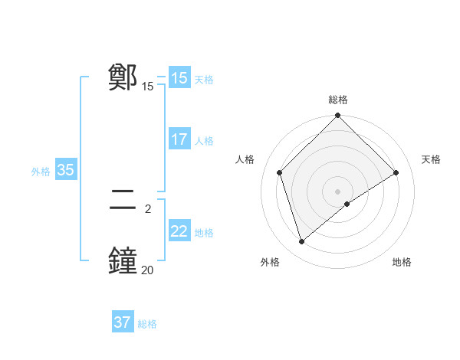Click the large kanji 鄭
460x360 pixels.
pos(123,78)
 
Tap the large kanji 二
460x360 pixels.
pos(123,201)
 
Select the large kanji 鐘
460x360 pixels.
pos(123,260)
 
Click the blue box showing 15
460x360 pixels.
pos(179,78)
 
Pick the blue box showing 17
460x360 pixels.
pos(179,139)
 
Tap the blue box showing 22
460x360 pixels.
pos(179,231)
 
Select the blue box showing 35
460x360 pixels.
pos(65,170)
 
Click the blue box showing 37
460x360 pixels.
pos(123,322)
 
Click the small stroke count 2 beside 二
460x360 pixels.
pos(147,208)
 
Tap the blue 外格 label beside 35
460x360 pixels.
pos(41,172)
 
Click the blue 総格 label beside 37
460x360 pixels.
pos(147,324)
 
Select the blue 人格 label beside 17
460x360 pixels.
pos(204,141)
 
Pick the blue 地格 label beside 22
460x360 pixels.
pos(204,233)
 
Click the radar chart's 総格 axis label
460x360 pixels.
pos(338,100)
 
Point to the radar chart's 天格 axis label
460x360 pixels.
pos(431,159)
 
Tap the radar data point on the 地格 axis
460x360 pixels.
pos(347,204)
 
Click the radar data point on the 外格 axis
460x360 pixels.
pos(301,242)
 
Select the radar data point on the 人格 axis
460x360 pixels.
pos(280,172)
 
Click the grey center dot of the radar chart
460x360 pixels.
pos(338,191)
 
